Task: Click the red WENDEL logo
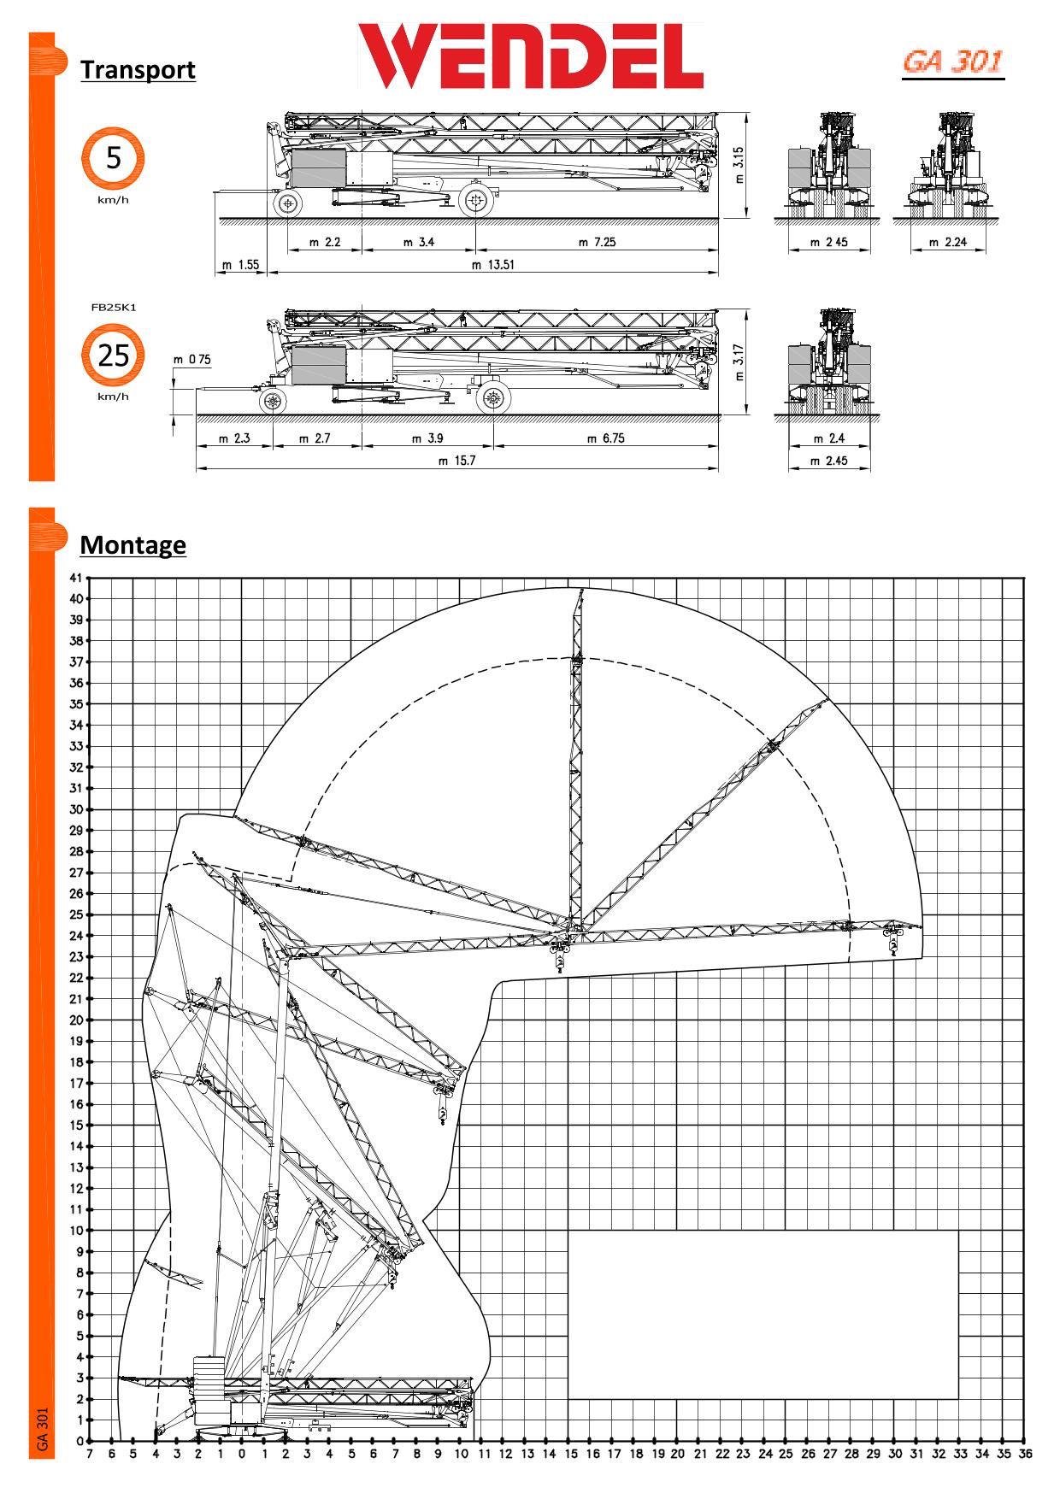(530, 56)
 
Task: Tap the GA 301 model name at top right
(952, 62)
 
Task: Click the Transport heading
(138, 69)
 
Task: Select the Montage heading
(132, 544)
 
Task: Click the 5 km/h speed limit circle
(113, 159)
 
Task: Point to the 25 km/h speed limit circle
(113, 355)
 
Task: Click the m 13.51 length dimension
(493, 265)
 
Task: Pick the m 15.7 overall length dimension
(456, 461)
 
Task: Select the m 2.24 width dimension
(948, 242)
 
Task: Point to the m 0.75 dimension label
(192, 360)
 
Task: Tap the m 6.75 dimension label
(605, 438)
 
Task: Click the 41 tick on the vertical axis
(77, 578)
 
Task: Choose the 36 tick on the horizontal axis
(1024, 1455)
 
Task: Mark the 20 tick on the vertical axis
(77, 1020)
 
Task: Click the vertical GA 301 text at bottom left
(42, 1429)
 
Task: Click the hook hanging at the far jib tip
(894, 945)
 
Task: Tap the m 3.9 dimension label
(427, 438)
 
